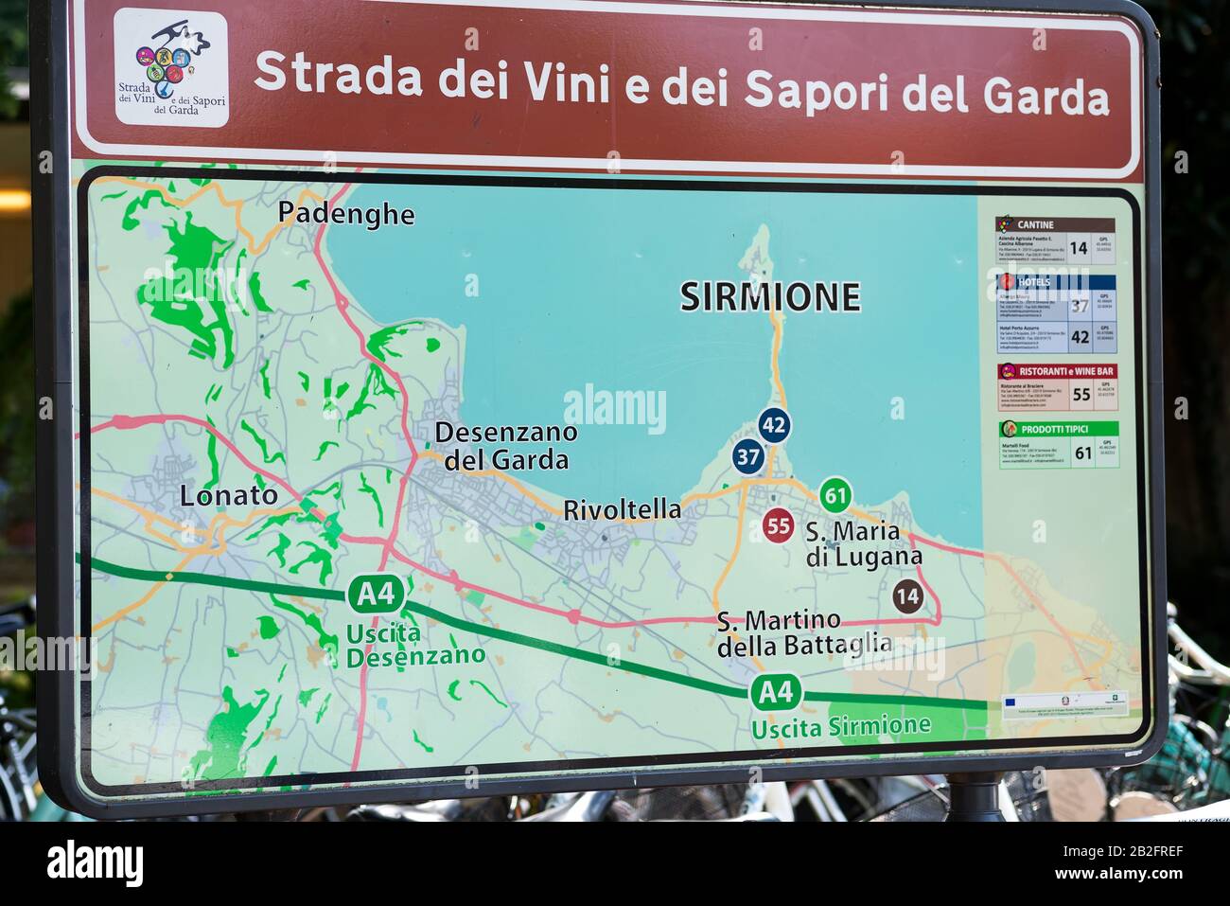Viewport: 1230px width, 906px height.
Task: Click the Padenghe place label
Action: coord(346,214)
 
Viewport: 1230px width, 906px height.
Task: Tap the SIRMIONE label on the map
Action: coord(770,297)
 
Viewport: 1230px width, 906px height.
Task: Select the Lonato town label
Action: coord(229,495)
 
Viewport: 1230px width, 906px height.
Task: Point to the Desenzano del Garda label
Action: coord(506,446)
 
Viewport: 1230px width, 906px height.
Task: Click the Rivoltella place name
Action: coord(622,509)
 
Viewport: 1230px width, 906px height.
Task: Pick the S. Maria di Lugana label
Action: coord(862,544)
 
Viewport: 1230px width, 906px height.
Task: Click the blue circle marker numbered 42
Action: coord(774,425)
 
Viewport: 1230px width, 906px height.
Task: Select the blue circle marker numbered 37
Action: coord(748,457)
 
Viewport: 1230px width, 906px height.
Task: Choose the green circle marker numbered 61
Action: coord(835,494)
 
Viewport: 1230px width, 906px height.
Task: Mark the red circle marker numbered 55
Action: coord(779,525)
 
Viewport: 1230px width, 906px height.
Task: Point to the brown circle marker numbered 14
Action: coord(907,596)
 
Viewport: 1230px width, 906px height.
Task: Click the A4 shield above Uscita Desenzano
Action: coord(376,595)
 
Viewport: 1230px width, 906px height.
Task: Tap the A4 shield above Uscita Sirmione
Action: coord(776,692)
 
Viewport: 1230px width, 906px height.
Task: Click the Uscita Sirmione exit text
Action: coord(840,727)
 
